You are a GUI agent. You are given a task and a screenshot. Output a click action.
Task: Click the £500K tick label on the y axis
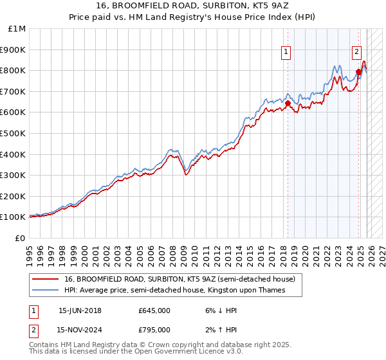tap(14, 133)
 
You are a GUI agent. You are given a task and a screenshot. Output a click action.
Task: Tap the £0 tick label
tap(21, 238)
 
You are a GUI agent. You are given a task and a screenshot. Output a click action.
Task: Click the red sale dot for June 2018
tap(288, 103)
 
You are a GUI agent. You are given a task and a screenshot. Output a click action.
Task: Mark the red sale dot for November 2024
tap(358, 71)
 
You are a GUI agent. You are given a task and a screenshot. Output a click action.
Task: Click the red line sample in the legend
tap(46, 279)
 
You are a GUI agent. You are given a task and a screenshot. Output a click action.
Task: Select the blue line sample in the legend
tap(46, 291)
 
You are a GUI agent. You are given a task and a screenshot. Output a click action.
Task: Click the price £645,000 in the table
tap(154, 310)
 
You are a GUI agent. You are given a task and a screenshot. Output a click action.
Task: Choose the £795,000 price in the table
tap(154, 332)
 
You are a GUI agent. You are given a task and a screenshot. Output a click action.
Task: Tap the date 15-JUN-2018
tap(80, 310)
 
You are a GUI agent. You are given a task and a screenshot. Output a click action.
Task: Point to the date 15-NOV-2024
tap(80, 332)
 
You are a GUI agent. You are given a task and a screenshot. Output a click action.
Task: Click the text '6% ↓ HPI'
tap(219, 310)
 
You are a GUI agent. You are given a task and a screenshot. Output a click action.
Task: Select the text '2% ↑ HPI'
tap(219, 332)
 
